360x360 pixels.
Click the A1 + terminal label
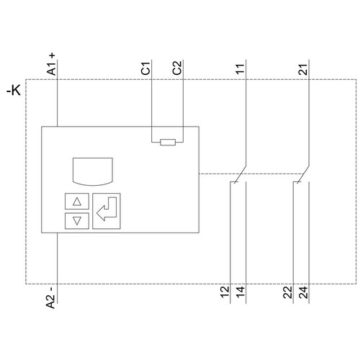52,64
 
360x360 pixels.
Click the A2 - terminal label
51,297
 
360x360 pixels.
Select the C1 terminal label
145,68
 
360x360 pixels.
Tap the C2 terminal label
177,68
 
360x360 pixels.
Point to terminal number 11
240,69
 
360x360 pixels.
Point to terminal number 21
303,70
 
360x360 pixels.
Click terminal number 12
225,292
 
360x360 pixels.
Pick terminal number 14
240,292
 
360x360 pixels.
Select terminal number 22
288,292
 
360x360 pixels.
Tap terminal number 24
303,292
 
